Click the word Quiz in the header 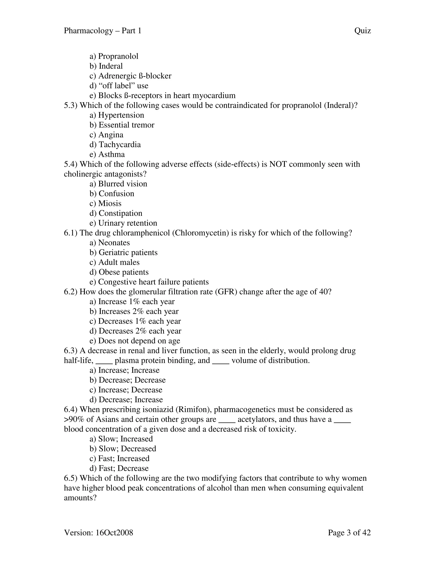[362, 31]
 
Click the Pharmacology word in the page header [88, 31]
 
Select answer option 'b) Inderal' [106, 66]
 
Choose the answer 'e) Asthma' [107, 154]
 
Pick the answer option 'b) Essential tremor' [122, 125]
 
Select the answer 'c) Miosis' [105, 203]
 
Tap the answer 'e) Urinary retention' [123, 223]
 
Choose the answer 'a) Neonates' [110, 243]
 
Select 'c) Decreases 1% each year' [135, 321]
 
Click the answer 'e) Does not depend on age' [135, 341]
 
